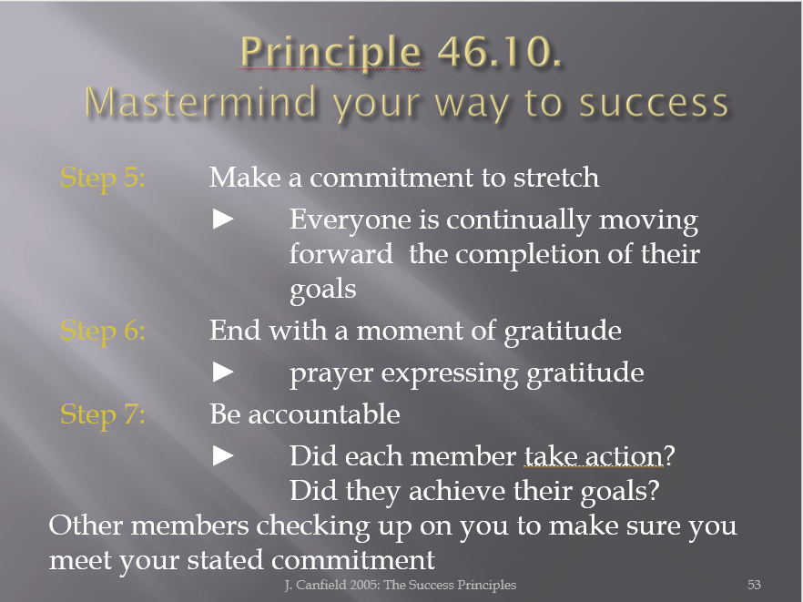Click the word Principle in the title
[x=330, y=52]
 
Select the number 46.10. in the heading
[x=500, y=51]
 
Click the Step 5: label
[x=103, y=179]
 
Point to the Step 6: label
[x=103, y=331]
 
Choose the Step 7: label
[x=103, y=414]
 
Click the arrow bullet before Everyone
[x=223, y=219]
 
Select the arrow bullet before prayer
[x=223, y=372]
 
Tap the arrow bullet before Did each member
[x=223, y=455]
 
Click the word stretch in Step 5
[x=556, y=178]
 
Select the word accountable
[x=324, y=414]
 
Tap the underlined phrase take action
[x=594, y=456]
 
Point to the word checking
[x=313, y=526]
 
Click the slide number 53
[x=754, y=585]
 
